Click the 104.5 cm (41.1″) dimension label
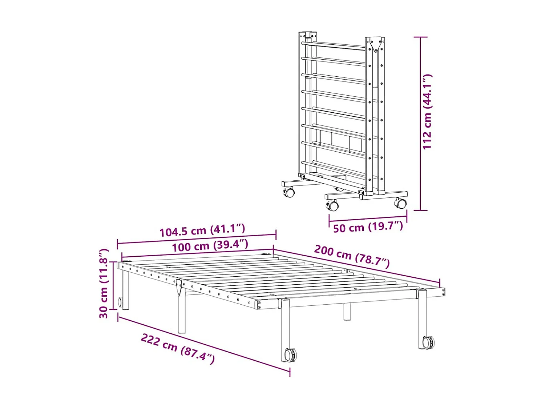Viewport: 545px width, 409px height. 202,230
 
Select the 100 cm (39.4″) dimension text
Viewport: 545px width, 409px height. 210,246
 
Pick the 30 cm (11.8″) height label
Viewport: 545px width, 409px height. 104,284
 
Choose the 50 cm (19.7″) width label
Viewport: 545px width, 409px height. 368,227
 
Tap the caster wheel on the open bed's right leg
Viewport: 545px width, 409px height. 428,342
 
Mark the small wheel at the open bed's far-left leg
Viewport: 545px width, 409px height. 120,302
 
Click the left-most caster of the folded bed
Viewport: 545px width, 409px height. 289,192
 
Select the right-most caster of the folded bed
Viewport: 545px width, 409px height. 401,203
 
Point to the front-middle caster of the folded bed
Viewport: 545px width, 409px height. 332,206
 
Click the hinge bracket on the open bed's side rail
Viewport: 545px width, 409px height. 179,287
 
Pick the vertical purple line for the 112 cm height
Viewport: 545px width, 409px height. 420,124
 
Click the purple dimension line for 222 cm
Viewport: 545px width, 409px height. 203,344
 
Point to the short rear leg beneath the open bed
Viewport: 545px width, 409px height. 347,312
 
